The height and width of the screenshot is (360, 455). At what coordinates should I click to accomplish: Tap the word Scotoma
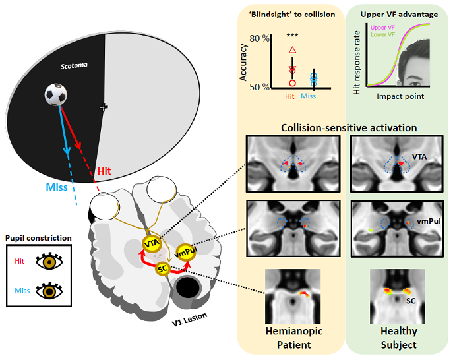pos(75,66)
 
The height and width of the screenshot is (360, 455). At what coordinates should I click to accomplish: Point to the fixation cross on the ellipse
pos(103,107)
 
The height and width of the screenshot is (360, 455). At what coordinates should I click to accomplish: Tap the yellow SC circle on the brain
pos(162,268)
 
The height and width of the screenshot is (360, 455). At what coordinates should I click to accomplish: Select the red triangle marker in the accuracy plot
pos(293,49)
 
